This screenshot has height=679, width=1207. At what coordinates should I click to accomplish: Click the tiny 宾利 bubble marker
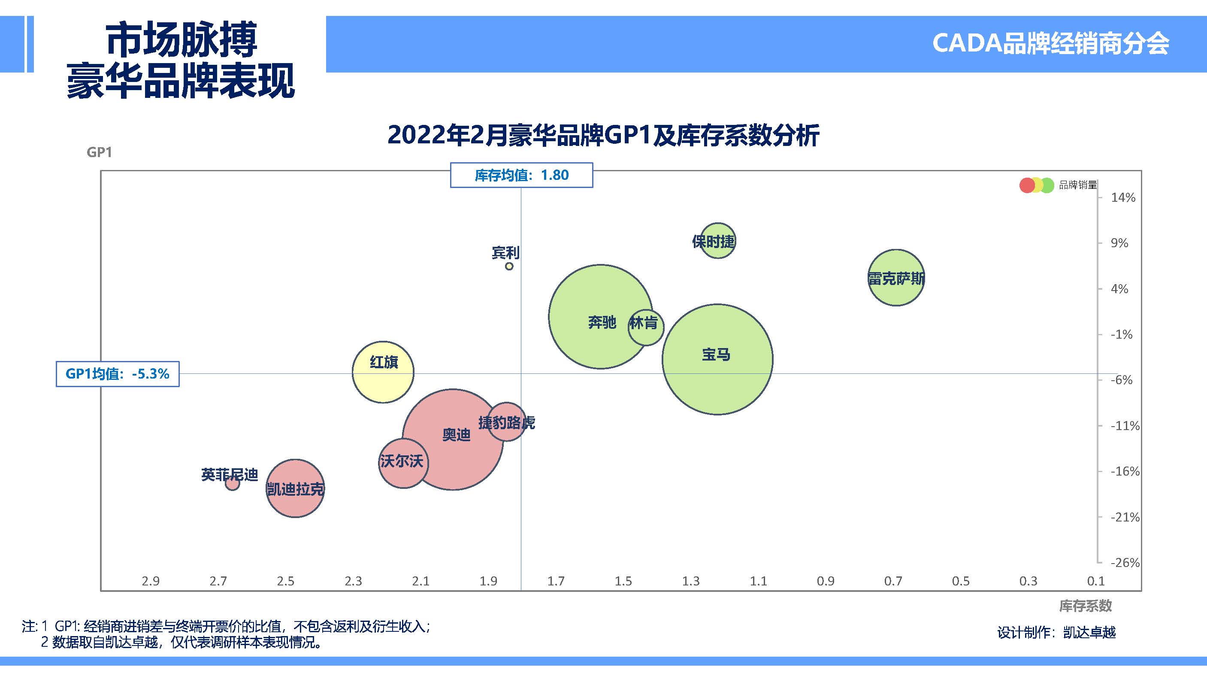[509, 266]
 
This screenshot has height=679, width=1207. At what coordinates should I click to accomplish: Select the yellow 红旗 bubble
[383, 372]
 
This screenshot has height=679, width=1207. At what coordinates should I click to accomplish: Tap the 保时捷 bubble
[717, 240]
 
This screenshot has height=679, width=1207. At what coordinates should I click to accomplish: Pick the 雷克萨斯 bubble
[896, 277]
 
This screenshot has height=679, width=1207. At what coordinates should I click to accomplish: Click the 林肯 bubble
[647, 327]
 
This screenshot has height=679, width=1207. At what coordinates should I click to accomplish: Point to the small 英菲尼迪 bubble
[232, 483]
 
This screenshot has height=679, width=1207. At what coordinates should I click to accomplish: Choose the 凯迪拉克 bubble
[295, 488]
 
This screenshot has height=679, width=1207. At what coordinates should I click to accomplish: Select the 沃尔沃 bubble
[402, 463]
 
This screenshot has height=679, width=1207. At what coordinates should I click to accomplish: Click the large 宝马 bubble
[717, 359]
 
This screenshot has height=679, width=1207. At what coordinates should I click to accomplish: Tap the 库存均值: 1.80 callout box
[521, 175]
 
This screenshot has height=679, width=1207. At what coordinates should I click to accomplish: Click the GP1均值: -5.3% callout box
[118, 374]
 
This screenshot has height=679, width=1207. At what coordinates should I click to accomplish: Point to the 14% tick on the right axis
[1122, 198]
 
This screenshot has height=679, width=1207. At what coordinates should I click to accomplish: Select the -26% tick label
[1125, 562]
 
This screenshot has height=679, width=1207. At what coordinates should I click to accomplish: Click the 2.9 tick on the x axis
[151, 581]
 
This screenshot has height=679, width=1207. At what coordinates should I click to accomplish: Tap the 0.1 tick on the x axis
[1096, 581]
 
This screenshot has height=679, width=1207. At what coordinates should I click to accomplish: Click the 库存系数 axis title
[1085, 606]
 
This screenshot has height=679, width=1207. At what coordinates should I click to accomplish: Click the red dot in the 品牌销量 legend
[1027, 185]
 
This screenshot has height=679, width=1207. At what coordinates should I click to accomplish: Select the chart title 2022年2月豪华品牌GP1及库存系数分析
[603, 136]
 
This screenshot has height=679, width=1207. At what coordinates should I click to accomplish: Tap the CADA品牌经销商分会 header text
[1050, 44]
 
